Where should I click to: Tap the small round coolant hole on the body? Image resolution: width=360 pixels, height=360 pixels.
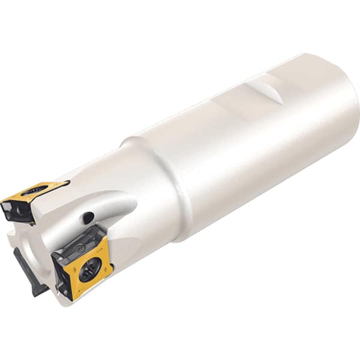[x=89, y=217]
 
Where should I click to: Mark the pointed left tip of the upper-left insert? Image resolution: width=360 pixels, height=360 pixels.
[x=3, y=200]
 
